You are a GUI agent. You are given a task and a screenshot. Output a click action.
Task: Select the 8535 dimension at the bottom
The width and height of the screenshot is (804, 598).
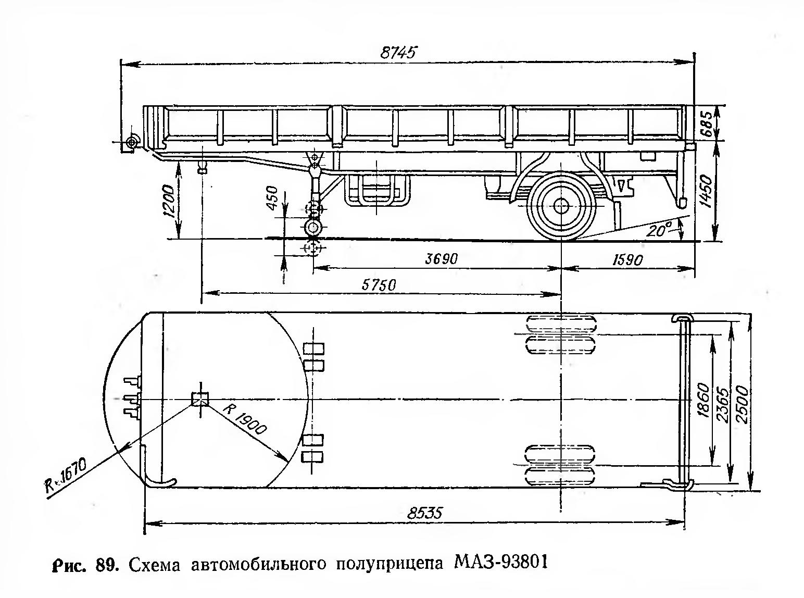click(x=425, y=513)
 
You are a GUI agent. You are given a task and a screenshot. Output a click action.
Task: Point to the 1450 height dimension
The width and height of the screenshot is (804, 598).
click(x=706, y=191)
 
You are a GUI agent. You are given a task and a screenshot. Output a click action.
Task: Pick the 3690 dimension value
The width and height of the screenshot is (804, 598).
click(x=441, y=259)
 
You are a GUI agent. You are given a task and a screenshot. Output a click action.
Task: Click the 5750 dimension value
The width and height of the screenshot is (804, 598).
click(x=379, y=284)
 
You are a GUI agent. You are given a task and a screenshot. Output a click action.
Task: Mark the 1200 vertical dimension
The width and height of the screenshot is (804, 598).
click(x=168, y=201)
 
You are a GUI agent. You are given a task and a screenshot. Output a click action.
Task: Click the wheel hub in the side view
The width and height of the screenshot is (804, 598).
click(x=561, y=205)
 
